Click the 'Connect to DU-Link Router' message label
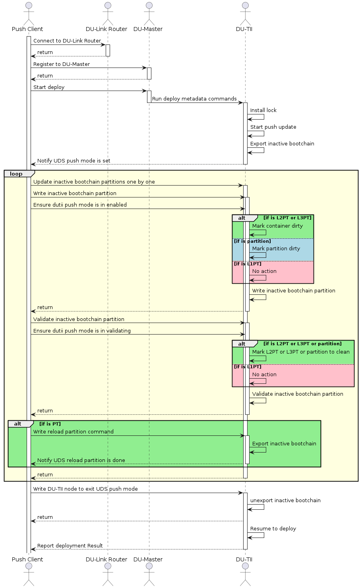tap(67, 41)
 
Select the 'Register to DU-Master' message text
tap(61, 64)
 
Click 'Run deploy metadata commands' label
tap(194, 99)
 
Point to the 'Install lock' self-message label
tap(263, 110)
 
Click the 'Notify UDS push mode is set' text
tap(74, 161)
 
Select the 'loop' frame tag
tap(16, 174)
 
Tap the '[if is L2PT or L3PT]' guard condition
tap(287, 218)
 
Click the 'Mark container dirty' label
tap(277, 226)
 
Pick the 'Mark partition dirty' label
tap(276, 249)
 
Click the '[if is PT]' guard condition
tap(50, 424)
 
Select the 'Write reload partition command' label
tap(73, 432)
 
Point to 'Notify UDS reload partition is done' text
tap(81, 460)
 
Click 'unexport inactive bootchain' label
tap(285, 501)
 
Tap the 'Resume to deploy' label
tap(273, 529)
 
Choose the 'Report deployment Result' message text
tap(70, 546)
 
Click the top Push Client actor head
tap(27, 6)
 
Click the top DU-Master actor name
tap(148, 29)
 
